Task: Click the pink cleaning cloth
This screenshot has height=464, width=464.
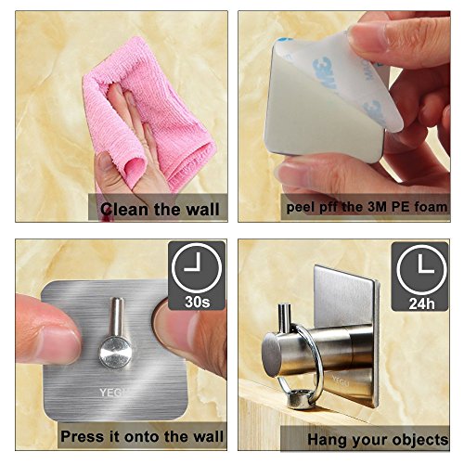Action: click(148, 118)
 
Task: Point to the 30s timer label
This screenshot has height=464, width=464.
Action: click(198, 302)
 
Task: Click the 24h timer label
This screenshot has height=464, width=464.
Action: click(421, 303)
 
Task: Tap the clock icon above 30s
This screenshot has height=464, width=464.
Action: click(197, 268)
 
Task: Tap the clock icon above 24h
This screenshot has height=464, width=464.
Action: click(421, 270)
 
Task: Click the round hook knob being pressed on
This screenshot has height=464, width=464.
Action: click(115, 353)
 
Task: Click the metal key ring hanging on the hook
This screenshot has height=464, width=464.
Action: click(303, 365)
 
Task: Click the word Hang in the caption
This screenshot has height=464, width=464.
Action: click(326, 440)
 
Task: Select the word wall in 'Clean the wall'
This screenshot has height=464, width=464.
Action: click(202, 209)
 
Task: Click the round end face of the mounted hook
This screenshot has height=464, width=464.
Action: click(272, 354)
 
